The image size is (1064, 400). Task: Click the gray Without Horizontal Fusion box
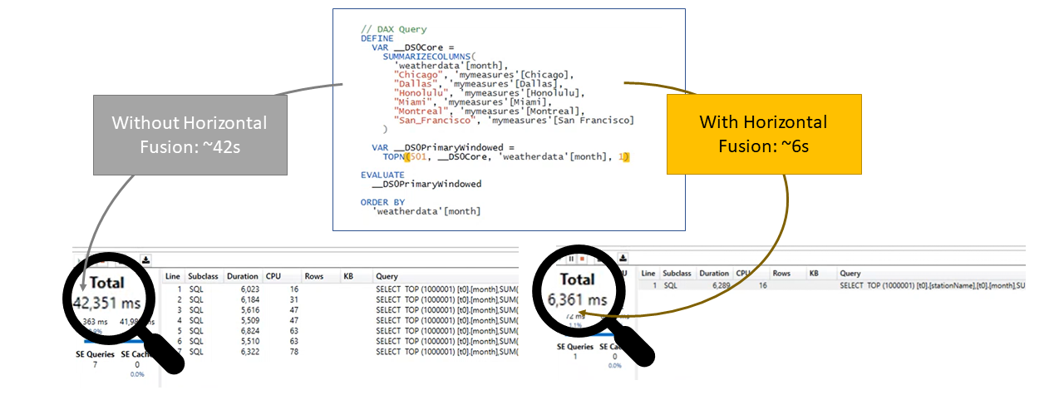pyautogui.click(x=190, y=134)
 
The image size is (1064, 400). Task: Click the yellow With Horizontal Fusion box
pyautogui.click(x=764, y=133)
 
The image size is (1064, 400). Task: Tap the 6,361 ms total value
pyautogui.click(x=576, y=299)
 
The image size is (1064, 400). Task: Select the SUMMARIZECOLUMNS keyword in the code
pyautogui.click(x=423, y=57)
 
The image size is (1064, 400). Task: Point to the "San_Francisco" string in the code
pyautogui.click(x=431, y=121)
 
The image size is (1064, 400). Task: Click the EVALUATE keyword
pyautogui.click(x=382, y=175)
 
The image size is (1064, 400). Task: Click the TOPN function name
pyautogui.click(x=392, y=156)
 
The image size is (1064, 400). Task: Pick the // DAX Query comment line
pyautogui.click(x=394, y=29)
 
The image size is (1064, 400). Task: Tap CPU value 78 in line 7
pyautogui.click(x=293, y=351)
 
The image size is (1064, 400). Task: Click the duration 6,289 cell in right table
pyautogui.click(x=715, y=284)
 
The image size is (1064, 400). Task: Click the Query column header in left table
pyautogui.click(x=387, y=276)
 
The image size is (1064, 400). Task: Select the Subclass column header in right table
pyautogui.click(x=677, y=273)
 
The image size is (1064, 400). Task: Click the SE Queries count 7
pyautogui.click(x=94, y=364)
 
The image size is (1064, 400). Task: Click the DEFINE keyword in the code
pyautogui.click(x=377, y=38)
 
